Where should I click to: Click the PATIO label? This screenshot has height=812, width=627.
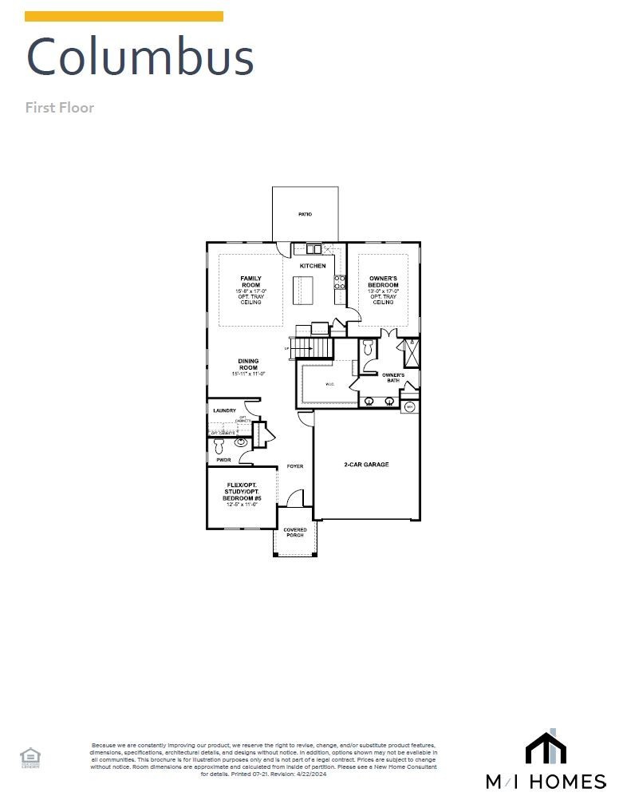pyautogui.click(x=305, y=215)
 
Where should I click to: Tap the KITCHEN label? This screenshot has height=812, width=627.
pyautogui.click(x=313, y=266)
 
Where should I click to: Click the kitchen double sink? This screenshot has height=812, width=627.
pyautogui.click(x=313, y=248)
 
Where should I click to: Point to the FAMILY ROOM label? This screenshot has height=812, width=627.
pyautogui.click(x=250, y=281)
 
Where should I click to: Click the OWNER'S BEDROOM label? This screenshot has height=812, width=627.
pyautogui.click(x=383, y=282)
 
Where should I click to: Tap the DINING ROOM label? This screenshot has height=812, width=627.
pyautogui.click(x=248, y=364)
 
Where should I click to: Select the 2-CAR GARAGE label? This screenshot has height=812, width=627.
pyautogui.click(x=366, y=465)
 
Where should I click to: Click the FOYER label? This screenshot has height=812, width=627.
pyautogui.click(x=295, y=466)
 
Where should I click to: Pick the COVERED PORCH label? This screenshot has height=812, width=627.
pyautogui.click(x=295, y=532)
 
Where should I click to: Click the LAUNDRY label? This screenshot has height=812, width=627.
pyautogui.click(x=224, y=411)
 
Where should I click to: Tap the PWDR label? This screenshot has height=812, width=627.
pyautogui.click(x=223, y=460)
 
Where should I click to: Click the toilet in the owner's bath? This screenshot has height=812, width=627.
pyautogui.click(x=368, y=348)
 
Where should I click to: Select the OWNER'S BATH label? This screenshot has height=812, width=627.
pyautogui.click(x=392, y=378)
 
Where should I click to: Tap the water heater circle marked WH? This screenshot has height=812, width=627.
pyautogui.click(x=410, y=407)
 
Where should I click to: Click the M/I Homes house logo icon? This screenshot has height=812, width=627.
pyautogui.click(x=546, y=747)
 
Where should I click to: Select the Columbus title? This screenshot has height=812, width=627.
pyautogui.click(x=140, y=57)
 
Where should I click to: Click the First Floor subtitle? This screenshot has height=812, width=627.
pyautogui.click(x=60, y=107)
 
